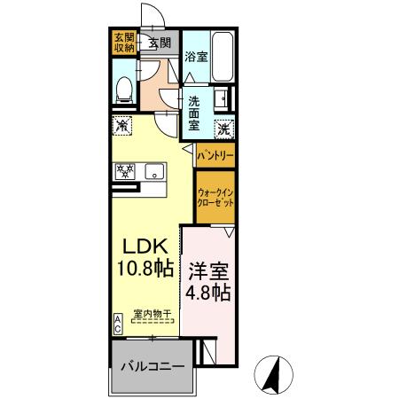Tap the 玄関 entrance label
(160, 42)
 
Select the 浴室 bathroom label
(195, 56)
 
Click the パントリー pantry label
(215, 154)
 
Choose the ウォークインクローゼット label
(215, 195)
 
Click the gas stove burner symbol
(122, 170)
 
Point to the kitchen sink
(152, 170)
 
